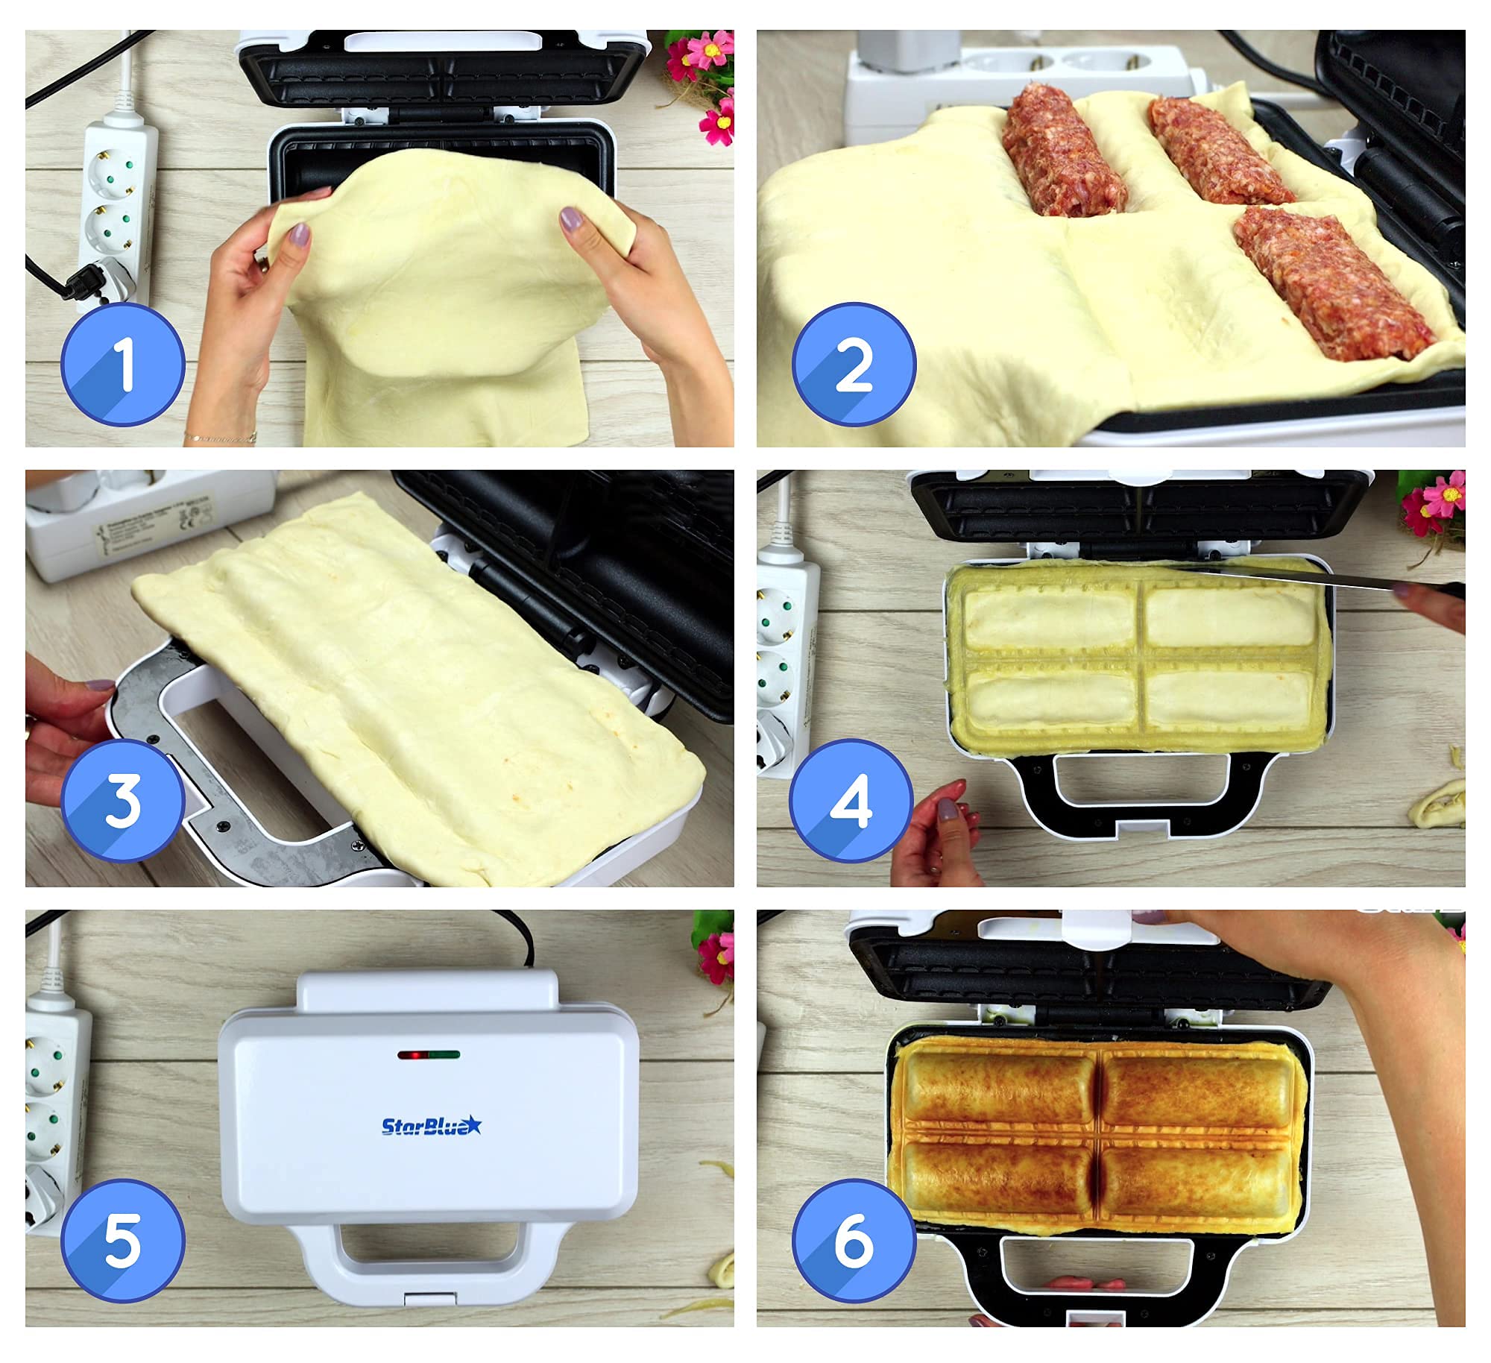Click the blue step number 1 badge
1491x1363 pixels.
123,364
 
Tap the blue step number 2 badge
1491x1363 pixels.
854,365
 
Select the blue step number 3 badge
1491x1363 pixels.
123,802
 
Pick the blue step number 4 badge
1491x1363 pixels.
851,802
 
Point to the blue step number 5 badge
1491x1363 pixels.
123,1241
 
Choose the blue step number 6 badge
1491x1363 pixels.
854,1241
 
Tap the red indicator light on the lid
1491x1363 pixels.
412,1055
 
